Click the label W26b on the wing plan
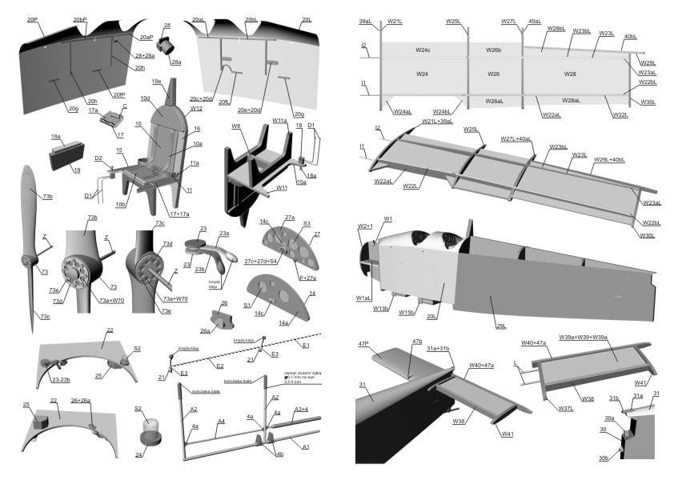(x=494, y=50)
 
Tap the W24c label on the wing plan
(x=423, y=50)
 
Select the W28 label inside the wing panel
(x=570, y=74)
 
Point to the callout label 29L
(x=502, y=326)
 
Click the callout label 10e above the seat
(x=157, y=82)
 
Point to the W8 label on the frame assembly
(x=236, y=126)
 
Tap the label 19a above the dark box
(x=55, y=137)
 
